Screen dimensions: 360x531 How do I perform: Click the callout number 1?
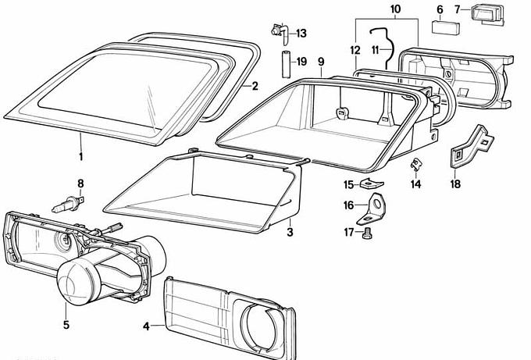pos(80,156)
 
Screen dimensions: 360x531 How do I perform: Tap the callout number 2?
pos(254,86)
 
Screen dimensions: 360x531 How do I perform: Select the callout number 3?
pos(289,232)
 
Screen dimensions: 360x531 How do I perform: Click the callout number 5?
pos(66,324)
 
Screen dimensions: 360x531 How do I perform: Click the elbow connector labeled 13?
pos(279,32)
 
